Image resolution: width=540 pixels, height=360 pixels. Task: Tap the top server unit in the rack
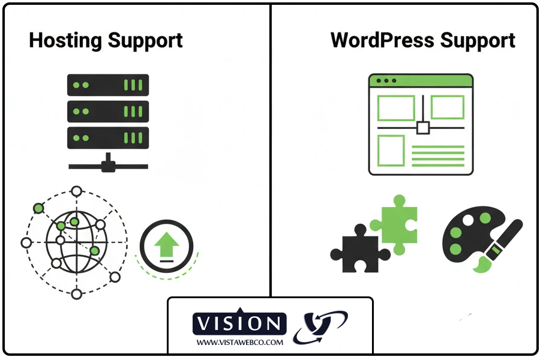107,85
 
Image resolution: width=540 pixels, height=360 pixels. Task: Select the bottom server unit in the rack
107,137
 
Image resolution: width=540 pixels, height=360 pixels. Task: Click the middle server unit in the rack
107,111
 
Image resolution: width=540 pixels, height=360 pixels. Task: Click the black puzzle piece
359,248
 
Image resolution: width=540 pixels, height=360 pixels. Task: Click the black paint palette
464,240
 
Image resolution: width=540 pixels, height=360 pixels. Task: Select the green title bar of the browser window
421,80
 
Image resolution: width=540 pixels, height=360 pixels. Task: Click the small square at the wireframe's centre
423,127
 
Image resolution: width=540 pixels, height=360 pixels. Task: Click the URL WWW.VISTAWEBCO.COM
239,342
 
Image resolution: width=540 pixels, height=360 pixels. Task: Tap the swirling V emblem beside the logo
319,328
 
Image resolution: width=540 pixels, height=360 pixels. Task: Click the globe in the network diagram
76,242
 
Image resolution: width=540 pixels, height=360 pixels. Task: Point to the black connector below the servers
107,165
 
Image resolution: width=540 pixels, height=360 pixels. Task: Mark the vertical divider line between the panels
271,150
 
